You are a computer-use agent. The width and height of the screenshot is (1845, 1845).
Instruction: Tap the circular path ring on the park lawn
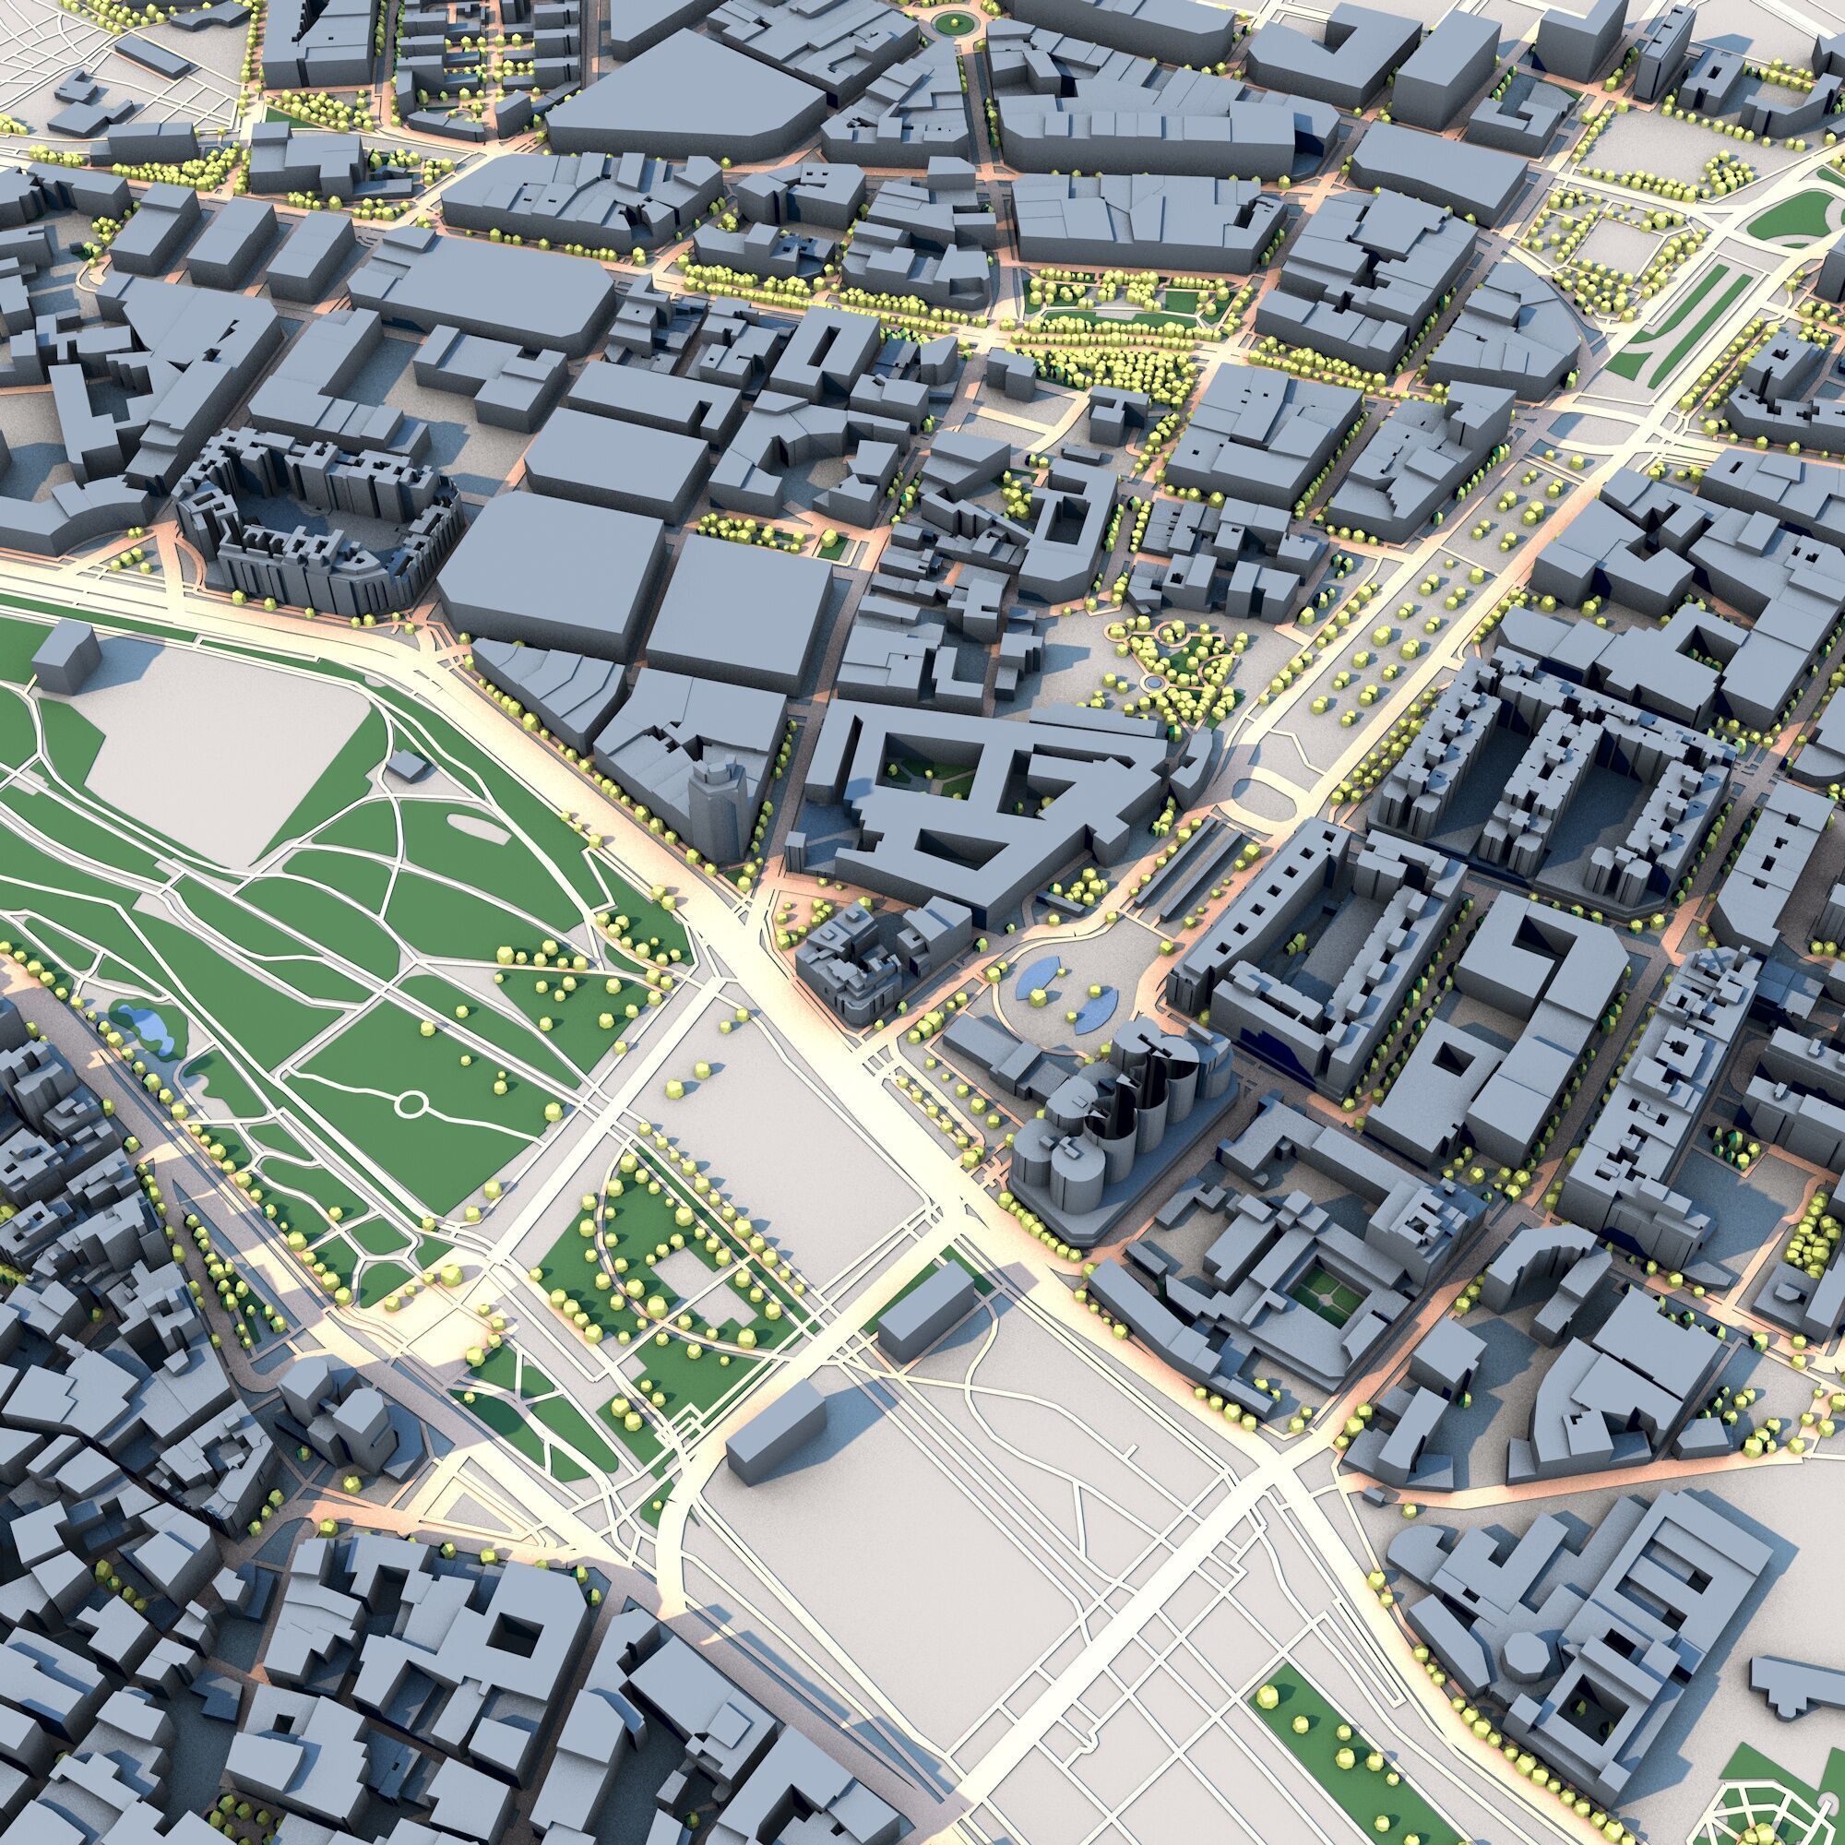411,1105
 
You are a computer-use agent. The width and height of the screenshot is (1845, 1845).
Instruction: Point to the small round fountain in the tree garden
1152,684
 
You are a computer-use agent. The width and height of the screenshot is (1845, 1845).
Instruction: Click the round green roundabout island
951,21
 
